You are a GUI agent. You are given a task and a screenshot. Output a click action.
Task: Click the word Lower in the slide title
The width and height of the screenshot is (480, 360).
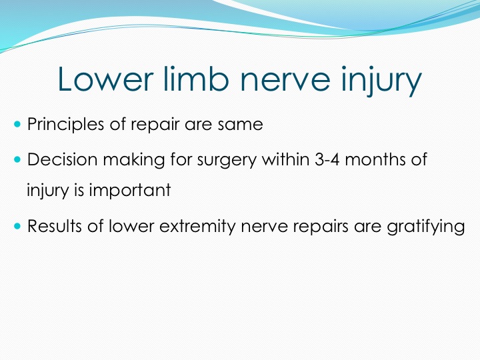(x=105, y=79)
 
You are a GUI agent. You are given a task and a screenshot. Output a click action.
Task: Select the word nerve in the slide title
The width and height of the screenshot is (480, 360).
(x=285, y=81)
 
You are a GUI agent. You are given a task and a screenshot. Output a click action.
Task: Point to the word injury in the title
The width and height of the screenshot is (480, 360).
(x=382, y=81)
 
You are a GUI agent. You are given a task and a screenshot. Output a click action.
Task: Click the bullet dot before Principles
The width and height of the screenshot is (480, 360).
(x=17, y=124)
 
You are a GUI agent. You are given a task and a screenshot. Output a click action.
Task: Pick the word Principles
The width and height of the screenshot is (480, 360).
(x=65, y=125)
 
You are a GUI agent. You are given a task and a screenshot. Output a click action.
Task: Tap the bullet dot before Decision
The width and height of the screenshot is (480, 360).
(x=17, y=159)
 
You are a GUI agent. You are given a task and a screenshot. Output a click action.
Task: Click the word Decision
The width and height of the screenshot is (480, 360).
(x=62, y=159)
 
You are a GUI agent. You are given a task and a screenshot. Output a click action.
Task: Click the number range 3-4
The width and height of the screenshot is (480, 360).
(x=327, y=160)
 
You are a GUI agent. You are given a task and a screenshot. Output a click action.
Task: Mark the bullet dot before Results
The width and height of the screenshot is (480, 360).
(x=17, y=226)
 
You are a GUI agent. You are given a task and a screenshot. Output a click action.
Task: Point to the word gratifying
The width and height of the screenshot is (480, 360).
(x=426, y=227)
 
